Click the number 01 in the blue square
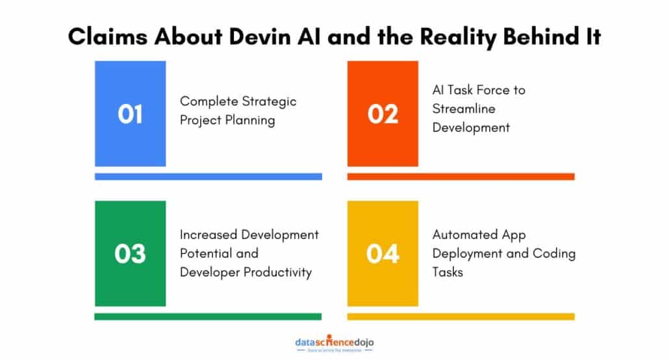click(131, 114)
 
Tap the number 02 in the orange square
click(383, 114)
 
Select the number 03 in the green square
click(131, 253)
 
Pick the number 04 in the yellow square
click(383, 253)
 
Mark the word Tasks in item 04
click(448, 272)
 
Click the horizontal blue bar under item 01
click(208, 176)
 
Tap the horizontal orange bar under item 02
click(461, 176)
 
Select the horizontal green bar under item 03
click(208, 316)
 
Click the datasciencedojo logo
click(334, 344)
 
